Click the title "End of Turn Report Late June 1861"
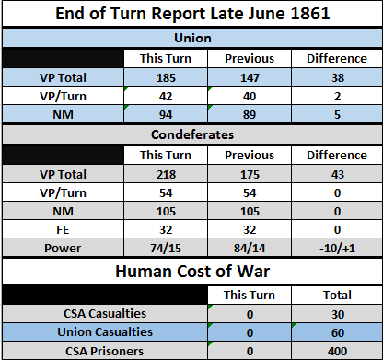click(192, 14)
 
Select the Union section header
click(192, 38)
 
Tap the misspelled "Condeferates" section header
click(192, 134)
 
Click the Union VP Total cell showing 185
click(166, 77)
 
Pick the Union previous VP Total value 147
click(250, 77)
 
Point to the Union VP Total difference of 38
click(337, 77)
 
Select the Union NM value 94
click(166, 114)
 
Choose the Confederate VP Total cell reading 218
click(166, 174)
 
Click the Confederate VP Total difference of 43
click(337, 174)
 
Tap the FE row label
click(63, 229)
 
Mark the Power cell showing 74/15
click(166, 248)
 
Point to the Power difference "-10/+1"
click(337, 248)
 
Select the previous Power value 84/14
click(250, 248)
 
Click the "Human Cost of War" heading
click(192, 272)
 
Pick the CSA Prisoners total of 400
click(337, 351)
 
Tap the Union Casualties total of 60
click(337, 332)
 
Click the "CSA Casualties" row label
click(105, 314)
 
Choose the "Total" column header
click(337, 295)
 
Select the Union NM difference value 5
click(337, 114)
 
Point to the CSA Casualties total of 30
click(337, 314)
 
